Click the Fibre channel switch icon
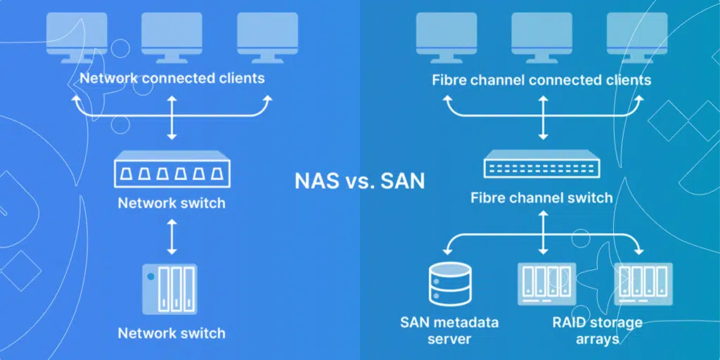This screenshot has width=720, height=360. click(x=542, y=167)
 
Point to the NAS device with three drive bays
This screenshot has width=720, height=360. click(x=172, y=288)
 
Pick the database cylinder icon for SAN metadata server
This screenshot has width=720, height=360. click(x=449, y=285)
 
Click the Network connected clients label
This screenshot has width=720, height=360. click(x=172, y=77)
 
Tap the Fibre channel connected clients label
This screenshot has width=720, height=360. click(x=541, y=79)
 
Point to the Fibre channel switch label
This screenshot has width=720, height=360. click(x=541, y=198)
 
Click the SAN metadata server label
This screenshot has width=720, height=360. click(x=449, y=330)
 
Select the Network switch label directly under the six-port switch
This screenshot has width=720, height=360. click(x=172, y=203)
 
